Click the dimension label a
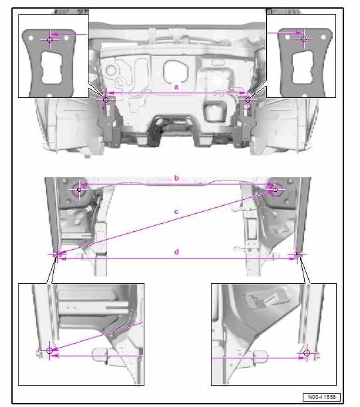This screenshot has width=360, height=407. coord(176,87)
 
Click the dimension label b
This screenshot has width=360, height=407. coord(176,178)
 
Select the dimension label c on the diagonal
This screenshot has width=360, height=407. coord(176,212)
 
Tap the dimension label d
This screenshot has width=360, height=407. coord(176,252)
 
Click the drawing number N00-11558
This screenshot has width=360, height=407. coord(321,397)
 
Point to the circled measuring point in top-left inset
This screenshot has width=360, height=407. coord(50,40)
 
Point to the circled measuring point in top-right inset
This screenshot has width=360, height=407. coord(304,39)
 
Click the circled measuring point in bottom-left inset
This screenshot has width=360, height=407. coord(49,350)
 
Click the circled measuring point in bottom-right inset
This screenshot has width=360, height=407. coord(307,353)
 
